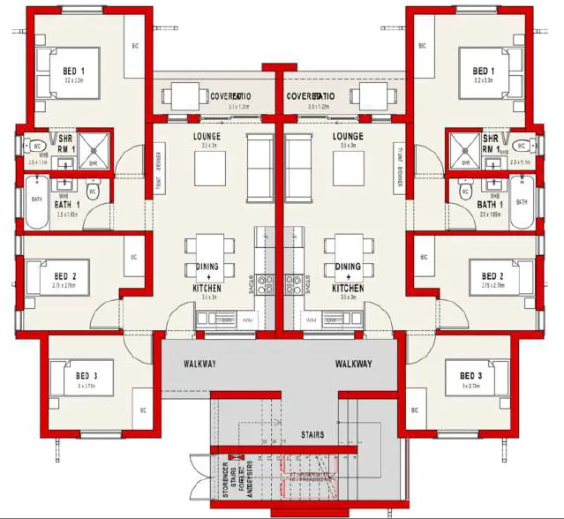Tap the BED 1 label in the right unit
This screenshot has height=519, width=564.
pos(482,71)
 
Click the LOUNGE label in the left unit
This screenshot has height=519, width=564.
pos(207,137)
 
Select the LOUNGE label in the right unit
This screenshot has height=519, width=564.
pos(348,137)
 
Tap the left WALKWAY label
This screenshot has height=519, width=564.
pos(200,364)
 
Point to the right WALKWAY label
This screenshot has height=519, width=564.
pos(353,364)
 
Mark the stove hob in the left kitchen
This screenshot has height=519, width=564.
pos(267,284)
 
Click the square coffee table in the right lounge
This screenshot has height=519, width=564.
pos(348,172)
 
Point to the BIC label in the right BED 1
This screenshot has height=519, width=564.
pos(422,46)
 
